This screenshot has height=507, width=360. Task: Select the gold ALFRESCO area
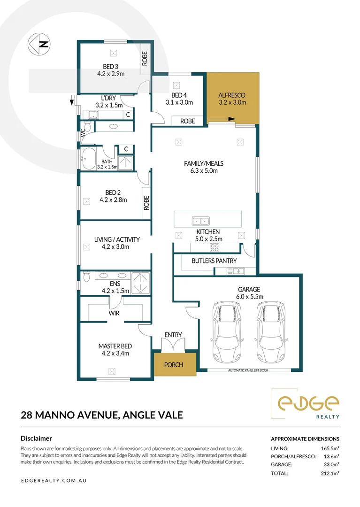[232, 98]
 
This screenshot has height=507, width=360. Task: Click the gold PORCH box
[173, 365]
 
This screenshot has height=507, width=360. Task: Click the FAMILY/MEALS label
[203, 163]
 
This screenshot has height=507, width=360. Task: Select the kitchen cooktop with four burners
[216, 248]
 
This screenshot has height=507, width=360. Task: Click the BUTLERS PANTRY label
[214, 261]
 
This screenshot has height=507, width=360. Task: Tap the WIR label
[114, 313]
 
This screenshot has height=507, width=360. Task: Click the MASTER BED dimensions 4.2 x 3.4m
[114, 353]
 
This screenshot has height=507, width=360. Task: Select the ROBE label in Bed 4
[187, 121]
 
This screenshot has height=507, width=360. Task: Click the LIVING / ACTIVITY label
[117, 239]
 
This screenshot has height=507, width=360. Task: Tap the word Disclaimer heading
[37, 438]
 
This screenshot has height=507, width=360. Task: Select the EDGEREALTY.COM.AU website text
[54, 481]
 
